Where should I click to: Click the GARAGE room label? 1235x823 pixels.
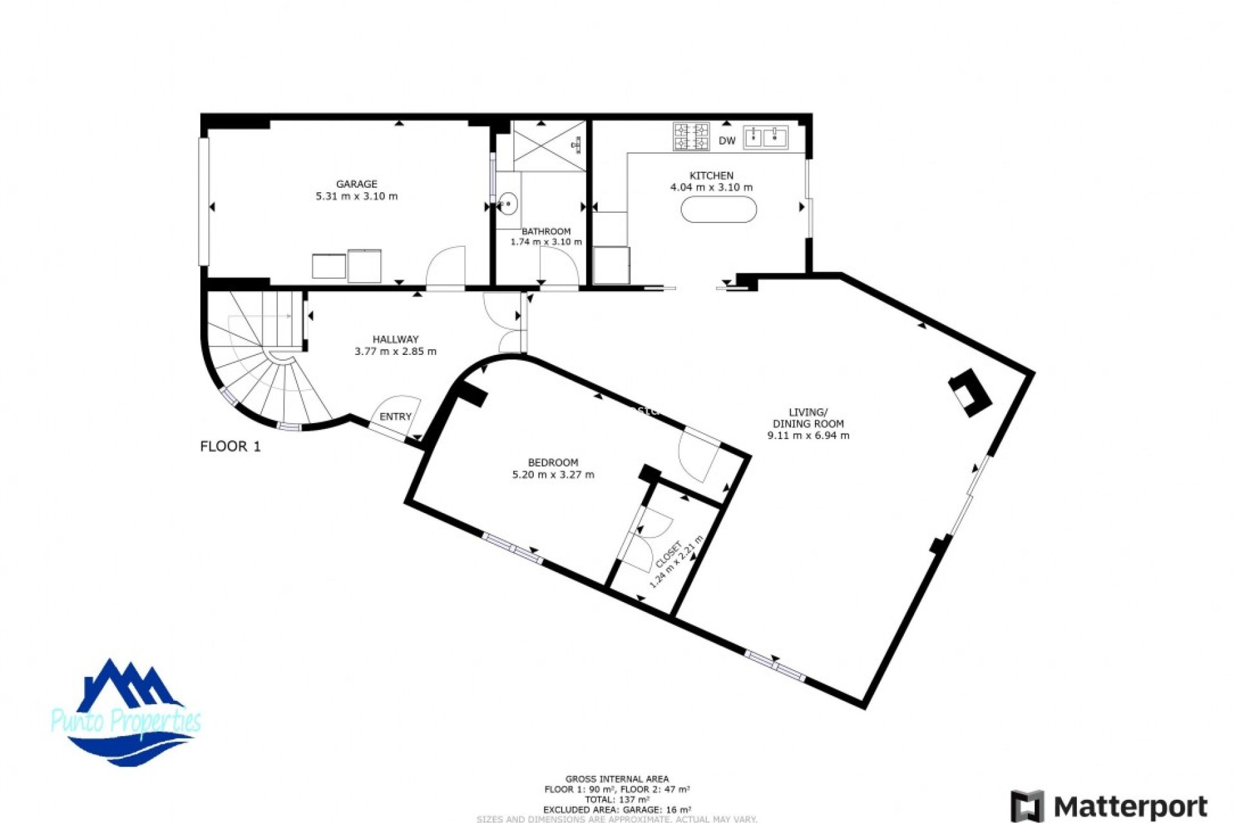click(x=356, y=184)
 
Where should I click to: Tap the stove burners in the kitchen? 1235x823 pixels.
click(x=691, y=136)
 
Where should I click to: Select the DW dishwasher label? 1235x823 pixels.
click(x=727, y=141)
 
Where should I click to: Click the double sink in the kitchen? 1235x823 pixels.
click(x=765, y=137)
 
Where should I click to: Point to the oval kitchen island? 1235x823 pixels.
click(x=718, y=210)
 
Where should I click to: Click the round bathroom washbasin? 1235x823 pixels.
click(x=508, y=204)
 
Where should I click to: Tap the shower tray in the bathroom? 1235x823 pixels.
click(x=549, y=146)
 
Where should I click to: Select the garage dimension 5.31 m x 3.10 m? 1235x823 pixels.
click(x=356, y=196)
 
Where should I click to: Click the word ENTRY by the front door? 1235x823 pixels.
click(x=395, y=417)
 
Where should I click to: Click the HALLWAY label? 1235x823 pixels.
click(x=395, y=339)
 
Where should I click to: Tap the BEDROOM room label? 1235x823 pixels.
click(x=553, y=462)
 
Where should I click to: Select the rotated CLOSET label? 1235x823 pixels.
click(x=668, y=554)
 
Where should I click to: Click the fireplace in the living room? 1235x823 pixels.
click(x=970, y=392)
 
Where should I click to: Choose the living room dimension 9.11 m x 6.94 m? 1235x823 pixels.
click(x=808, y=435)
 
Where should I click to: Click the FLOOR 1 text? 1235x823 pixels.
click(x=230, y=446)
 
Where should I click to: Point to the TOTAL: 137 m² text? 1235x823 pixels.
click(x=616, y=799)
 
